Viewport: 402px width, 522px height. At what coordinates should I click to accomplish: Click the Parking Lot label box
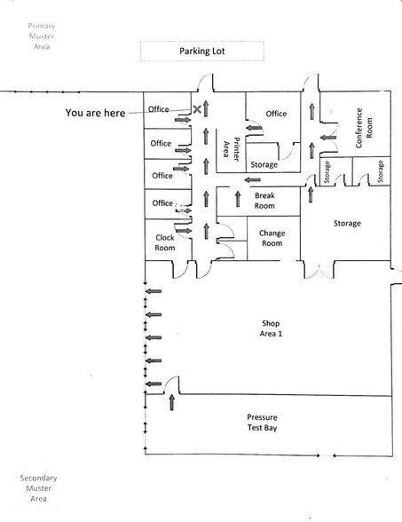(202, 51)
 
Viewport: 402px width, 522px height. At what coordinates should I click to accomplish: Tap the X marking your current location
(197, 109)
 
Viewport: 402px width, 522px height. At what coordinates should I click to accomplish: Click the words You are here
(95, 113)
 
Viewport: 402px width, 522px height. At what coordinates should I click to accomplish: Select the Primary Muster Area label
(42, 36)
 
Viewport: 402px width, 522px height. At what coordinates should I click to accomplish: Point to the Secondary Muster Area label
(38, 488)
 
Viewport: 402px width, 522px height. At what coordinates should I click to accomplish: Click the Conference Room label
(364, 128)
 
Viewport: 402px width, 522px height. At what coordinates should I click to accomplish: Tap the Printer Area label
(231, 149)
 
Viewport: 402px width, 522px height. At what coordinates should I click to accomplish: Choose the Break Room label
(264, 201)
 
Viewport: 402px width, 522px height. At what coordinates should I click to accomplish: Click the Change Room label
(272, 238)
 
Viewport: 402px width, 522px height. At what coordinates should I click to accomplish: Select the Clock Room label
(165, 242)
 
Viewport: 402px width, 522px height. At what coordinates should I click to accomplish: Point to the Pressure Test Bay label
(262, 423)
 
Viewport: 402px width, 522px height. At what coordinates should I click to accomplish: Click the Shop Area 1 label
(271, 328)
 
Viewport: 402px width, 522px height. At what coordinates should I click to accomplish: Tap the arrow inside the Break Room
(238, 199)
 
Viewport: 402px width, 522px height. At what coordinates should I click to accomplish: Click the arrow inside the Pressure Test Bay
(172, 402)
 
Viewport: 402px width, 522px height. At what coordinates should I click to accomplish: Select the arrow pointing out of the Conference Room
(328, 137)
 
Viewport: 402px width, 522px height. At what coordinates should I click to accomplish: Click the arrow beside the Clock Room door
(184, 231)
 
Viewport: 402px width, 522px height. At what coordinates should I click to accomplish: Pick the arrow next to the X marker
(206, 108)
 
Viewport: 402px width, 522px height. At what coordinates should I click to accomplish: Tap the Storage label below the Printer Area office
(264, 164)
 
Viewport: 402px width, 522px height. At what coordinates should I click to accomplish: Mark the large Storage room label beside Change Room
(347, 223)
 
